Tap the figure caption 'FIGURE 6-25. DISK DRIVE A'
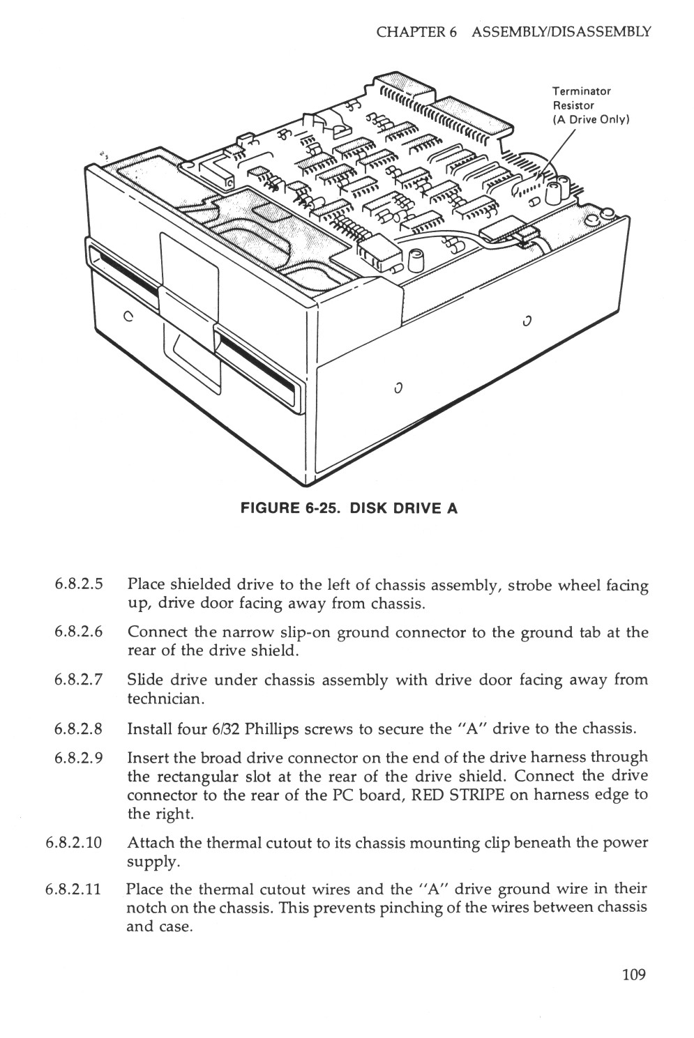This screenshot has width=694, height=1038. [x=349, y=508]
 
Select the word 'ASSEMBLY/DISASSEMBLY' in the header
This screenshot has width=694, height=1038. [x=561, y=32]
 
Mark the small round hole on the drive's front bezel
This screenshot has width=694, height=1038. [x=128, y=314]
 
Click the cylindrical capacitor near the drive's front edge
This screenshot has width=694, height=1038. [x=418, y=260]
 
